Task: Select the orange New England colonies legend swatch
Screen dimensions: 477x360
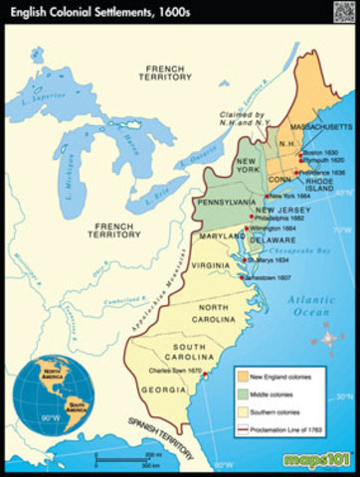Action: coord(242,375)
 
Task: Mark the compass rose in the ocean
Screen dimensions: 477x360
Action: coord(328,370)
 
